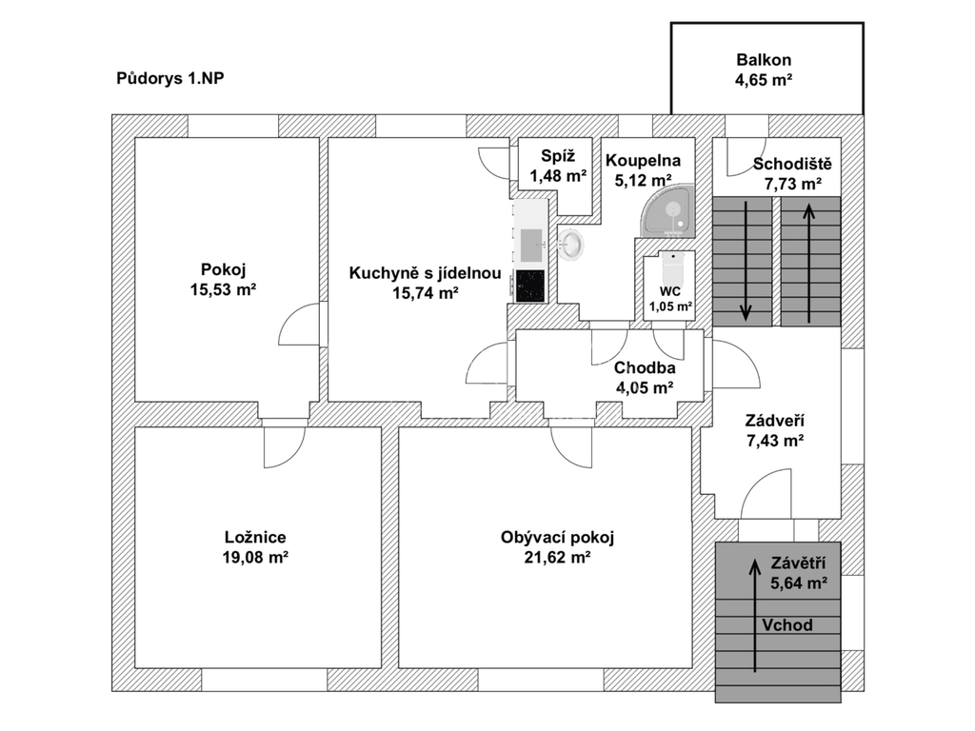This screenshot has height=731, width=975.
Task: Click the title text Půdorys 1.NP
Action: click(x=164, y=79)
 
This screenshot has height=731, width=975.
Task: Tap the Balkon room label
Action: click(x=764, y=60)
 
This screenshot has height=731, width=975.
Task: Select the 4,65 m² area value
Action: click(x=764, y=81)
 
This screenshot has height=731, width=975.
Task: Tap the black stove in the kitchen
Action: click(x=529, y=286)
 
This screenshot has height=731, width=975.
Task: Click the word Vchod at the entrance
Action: click(x=786, y=625)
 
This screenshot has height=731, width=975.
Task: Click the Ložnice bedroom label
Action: click(x=255, y=537)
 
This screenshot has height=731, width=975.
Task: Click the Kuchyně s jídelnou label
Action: click(x=425, y=273)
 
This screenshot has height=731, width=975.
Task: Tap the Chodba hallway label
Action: click(x=645, y=367)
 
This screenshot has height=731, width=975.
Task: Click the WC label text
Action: click(x=670, y=291)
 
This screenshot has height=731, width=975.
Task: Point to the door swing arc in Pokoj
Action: click(x=297, y=326)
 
